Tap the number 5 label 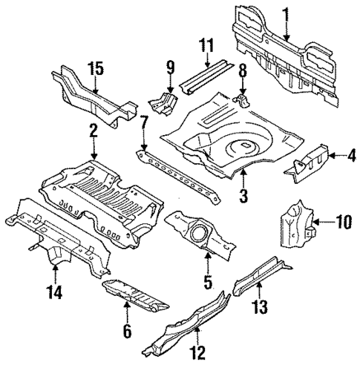(x=209, y=281)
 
